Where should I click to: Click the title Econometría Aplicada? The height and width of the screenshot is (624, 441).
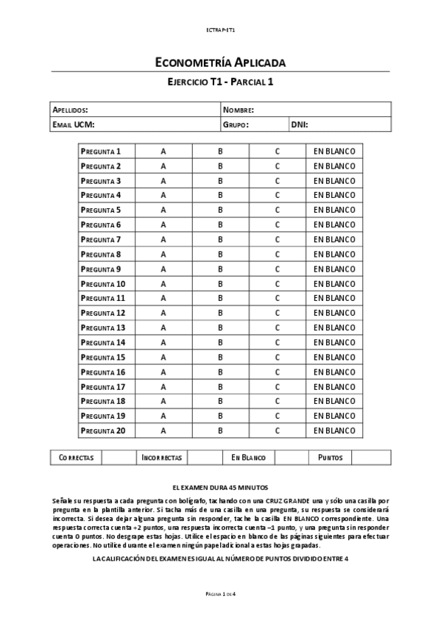click(x=220, y=63)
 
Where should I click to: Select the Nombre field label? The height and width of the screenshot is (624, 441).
click(x=239, y=110)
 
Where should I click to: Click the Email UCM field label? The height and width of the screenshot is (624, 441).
click(x=74, y=124)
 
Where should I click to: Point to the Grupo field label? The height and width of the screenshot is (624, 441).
click(x=236, y=124)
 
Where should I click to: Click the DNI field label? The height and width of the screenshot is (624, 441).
click(x=299, y=124)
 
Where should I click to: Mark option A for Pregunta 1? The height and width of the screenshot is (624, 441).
click(x=163, y=151)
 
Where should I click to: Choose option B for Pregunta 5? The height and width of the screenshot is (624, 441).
click(x=220, y=210)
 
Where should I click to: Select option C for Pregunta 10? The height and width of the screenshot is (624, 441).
click(x=278, y=283)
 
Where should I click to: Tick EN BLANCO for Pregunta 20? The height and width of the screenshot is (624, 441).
click(x=334, y=430)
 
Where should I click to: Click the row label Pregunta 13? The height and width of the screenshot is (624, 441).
click(x=103, y=327)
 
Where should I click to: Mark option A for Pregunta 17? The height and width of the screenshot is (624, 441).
click(x=163, y=386)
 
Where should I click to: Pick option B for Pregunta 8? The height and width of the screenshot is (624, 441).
click(x=220, y=254)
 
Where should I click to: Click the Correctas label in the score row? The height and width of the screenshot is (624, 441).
click(x=76, y=457)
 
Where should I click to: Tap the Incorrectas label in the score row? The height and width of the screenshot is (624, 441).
click(x=161, y=457)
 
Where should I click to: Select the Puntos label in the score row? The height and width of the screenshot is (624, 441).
click(x=330, y=457)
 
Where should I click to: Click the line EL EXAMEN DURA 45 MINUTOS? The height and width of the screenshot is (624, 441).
click(x=220, y=487)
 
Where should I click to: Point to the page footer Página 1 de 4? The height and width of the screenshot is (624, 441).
click(x=220, y=594)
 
